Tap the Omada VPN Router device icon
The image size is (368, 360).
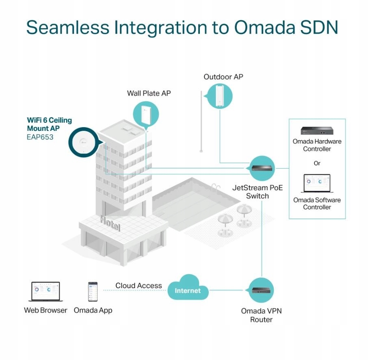pos(261,291)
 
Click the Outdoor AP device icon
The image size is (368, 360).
pos(220,95)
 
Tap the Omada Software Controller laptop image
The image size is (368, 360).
pos(317,184)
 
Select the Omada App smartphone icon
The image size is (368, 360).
pos(93,292)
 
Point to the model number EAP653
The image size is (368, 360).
pos(40,137)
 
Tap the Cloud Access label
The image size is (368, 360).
pos(139,286)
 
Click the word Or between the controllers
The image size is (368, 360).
pos(317,163)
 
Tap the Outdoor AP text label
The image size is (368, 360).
pos(223,76)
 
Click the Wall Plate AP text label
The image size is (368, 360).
pos(149,93)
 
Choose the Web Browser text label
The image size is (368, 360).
pos(45,310)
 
